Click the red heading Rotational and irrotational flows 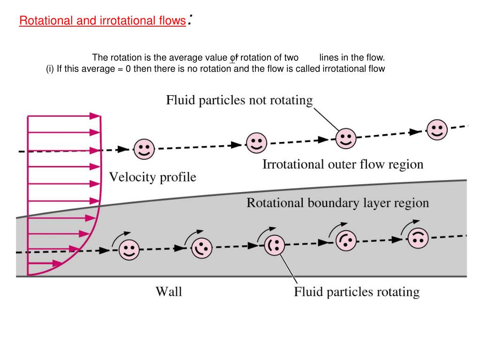pos(102,21)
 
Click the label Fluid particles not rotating pos(239,100)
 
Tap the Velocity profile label pos(153,177)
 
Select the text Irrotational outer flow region pos(342,165)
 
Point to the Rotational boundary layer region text pos(337,203)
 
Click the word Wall pos(169,292)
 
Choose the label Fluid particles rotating pos(356,292)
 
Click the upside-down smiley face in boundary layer pos(418,238)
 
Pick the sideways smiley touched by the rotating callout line pos(274,245)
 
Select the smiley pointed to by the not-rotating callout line pos(346,138)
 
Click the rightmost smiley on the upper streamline pos(437,129)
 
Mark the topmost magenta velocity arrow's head pos(96,116)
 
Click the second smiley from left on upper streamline pos(256,142)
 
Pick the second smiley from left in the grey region pos(202,247)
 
